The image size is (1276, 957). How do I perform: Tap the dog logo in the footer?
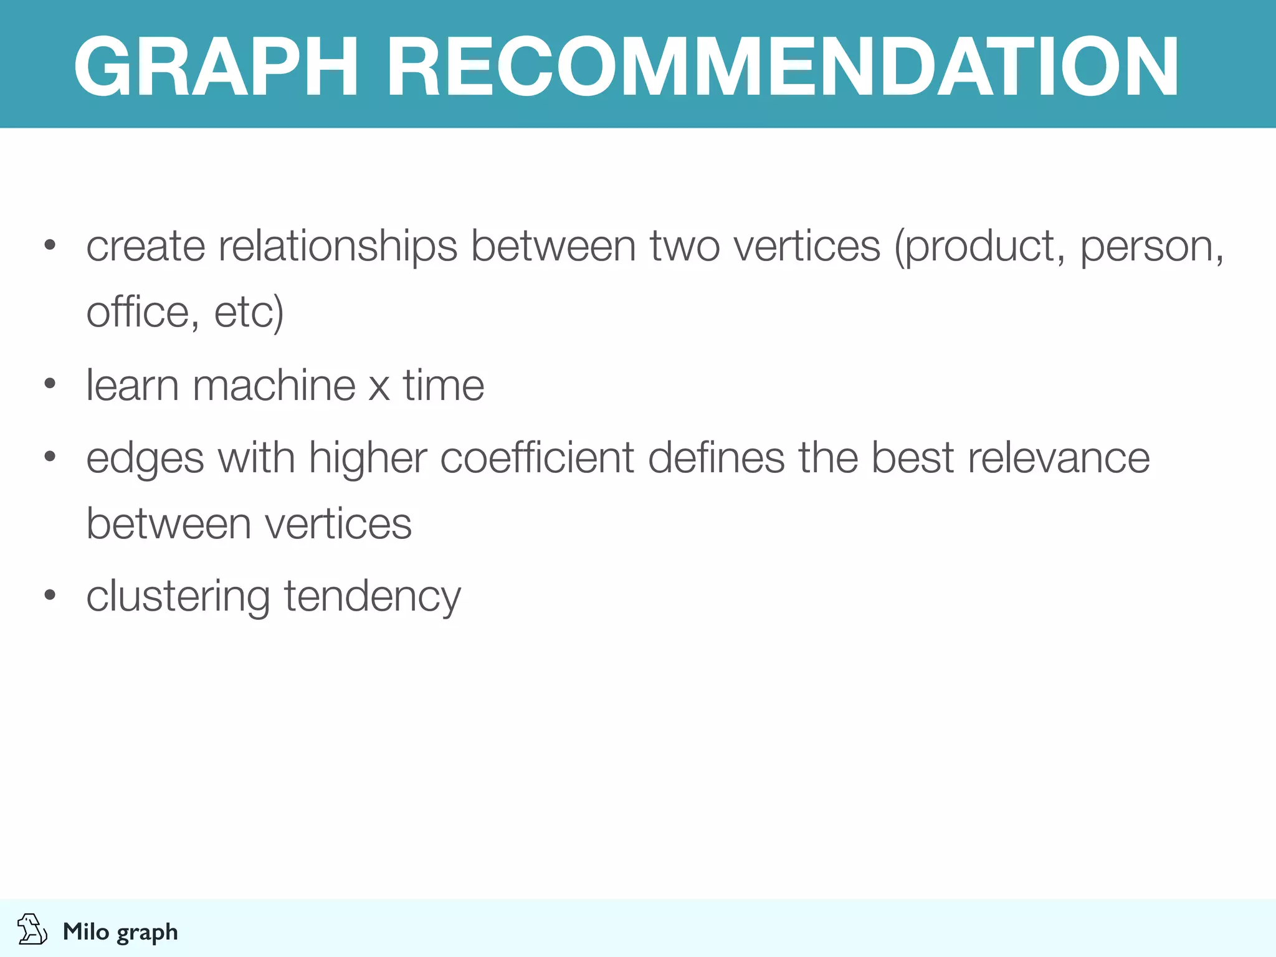click(x=32, y=930)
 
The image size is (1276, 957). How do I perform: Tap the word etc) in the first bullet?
click(x=249, y=312)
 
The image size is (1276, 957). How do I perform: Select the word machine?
click(x=274, y=385)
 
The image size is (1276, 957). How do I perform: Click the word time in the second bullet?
click(x=443, y=385)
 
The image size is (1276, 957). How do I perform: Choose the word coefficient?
click(x=537, y=458)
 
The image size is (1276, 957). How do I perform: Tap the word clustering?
click(x=178, y=597)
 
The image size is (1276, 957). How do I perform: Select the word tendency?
click(x=373, y=597)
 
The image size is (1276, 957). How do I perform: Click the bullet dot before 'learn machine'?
click(x=50, y=383)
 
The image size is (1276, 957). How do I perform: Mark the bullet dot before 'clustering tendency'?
click(x=50, y=594)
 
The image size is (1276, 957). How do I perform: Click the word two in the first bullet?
click(x=685, y=247)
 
